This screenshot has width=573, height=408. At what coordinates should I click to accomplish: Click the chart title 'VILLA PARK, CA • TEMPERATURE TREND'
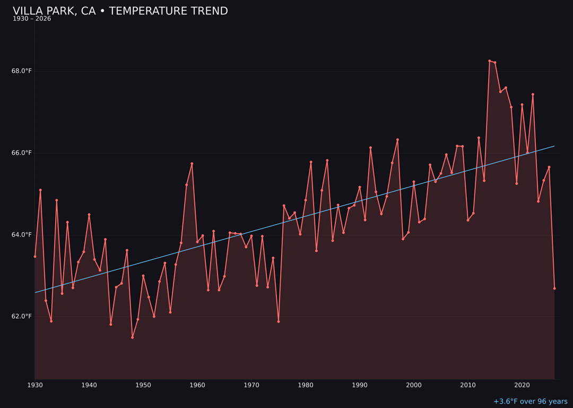pos(120,11)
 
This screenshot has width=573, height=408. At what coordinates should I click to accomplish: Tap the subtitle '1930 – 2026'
pos(32,19)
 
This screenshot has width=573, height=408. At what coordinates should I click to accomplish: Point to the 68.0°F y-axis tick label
pos(22,71)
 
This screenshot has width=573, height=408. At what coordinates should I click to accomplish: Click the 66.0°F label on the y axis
pos(22,153)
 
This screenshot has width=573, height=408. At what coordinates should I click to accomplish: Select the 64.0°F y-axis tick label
pos(22,235)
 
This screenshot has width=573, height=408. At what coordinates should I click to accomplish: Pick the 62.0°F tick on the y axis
pos(22,317)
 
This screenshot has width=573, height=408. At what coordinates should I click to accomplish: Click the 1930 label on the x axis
pos(35,385)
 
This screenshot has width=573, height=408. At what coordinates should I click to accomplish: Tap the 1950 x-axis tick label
pos(143,385)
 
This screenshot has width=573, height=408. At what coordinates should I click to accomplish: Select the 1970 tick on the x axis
pos(251,385)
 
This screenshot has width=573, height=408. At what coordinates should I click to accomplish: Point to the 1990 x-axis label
pos(360,385)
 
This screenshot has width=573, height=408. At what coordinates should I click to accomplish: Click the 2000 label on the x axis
pos(414,385)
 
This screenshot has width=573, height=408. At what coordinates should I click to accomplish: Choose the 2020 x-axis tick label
pos(522,385)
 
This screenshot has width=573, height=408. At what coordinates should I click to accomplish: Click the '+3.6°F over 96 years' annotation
pos(530,402)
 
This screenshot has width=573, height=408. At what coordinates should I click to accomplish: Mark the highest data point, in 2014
pos(490,61)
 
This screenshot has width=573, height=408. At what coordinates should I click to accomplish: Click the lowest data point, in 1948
pos(133,337)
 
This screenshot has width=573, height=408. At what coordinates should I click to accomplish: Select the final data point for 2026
pos(554,288)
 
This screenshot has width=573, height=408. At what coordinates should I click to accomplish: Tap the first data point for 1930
pos(35,257)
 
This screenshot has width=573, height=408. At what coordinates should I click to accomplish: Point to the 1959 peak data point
pos(192,164)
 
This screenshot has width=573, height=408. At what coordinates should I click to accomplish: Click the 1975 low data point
pos(279,321)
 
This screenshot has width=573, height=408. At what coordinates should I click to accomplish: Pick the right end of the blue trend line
pos(554,146)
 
